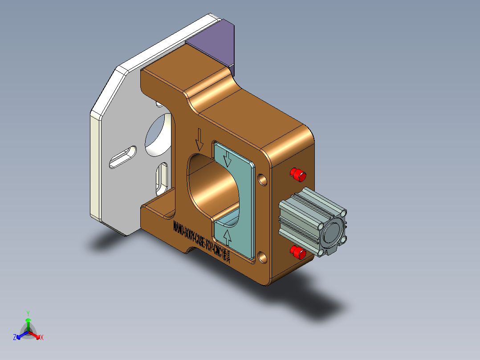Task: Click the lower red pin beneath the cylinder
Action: pos(298,253)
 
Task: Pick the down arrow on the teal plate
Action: pos(227,159)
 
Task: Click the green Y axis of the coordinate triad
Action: pos(28,322)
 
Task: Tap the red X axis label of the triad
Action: pos(41,338)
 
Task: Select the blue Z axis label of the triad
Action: pos(15,337)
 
